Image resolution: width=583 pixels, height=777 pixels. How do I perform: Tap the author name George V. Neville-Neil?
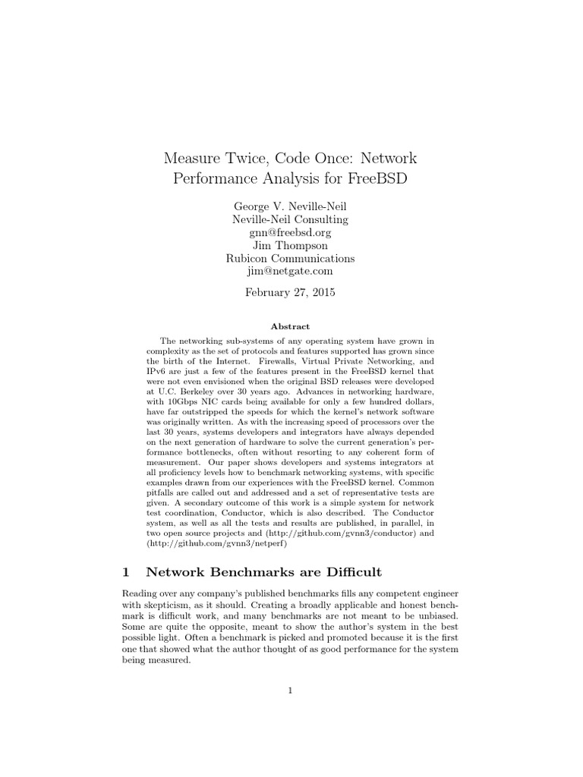pos(291,206)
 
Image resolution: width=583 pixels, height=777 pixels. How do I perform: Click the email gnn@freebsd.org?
pos(291,232)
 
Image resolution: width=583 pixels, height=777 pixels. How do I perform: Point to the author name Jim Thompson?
pos(291,245)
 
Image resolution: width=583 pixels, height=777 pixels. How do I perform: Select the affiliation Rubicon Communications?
pos(291,258)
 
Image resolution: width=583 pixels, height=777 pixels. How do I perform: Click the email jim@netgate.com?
pos(291,271)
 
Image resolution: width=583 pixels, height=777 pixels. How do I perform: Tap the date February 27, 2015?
pos(291,292)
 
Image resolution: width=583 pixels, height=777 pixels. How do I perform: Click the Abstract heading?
pos(291,326)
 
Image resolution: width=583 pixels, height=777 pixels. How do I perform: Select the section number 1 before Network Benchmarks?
pos(126,571)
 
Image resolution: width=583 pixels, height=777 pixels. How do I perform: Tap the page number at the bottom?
pos(291,690)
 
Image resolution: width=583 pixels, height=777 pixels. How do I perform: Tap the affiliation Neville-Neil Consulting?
pos(291,219)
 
